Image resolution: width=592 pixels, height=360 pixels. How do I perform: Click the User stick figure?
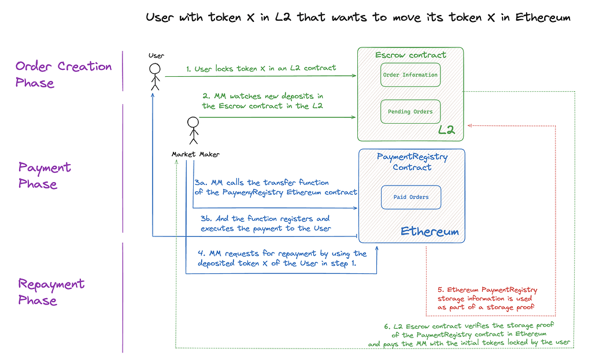[x=155, y=76]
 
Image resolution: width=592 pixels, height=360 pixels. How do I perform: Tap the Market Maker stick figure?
[x=193, y=131]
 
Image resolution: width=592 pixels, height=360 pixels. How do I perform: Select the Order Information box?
[x=410, y=75]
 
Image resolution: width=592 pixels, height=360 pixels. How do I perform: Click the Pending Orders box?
[x=410, y=112]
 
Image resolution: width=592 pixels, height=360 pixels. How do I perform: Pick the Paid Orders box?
[x=410, y=197]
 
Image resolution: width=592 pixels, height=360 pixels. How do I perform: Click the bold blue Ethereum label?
[x=430, y=232]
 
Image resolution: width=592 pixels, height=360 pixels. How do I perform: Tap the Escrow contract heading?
[x=410, y=55]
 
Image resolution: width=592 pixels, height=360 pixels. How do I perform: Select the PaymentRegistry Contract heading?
[x=412, y=162]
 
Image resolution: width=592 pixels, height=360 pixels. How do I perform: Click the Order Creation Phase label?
[x=64, y=75]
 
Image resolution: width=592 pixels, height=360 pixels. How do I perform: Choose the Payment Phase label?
[x=45, y=176]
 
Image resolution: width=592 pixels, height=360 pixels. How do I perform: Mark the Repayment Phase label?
[x=51, y=292]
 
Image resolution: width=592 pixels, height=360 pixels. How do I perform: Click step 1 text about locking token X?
[x=261, y=68]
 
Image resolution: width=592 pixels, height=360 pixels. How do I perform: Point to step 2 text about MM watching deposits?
[x=264, y=101]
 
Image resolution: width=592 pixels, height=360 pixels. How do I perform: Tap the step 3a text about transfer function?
[x=276, y=187]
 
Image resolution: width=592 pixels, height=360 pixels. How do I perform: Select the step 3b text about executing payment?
[x=265, y=223]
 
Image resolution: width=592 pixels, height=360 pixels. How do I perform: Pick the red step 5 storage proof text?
[x=487, y=299]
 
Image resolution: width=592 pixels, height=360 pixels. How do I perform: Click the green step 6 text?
[x=469, y=334]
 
